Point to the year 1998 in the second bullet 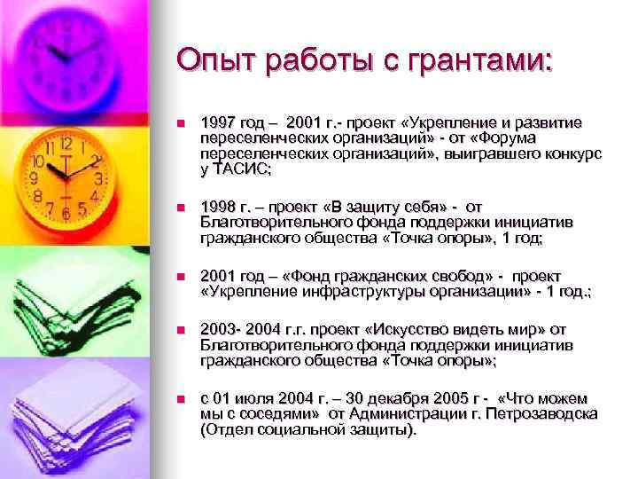click(x=218, y=207)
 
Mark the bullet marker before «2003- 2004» click(x=181, y=332)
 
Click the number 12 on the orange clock click(x=65, y=144)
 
